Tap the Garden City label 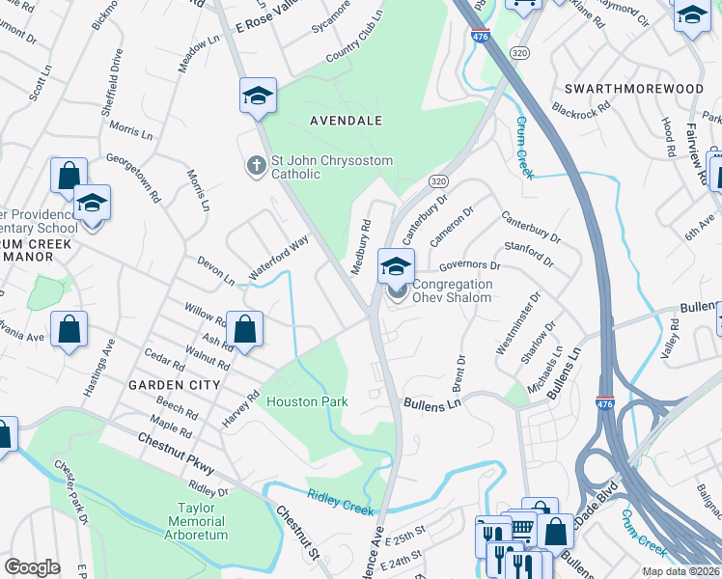tap(175, 384)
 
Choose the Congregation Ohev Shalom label tap(453, 290)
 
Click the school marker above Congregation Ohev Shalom tap(396, 265)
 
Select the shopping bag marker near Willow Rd tap(246, 329)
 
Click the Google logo tap(32, 567)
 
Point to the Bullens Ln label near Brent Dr tap(431, 404)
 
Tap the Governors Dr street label tap(470, 265)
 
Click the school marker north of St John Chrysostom tap(258, 96)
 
